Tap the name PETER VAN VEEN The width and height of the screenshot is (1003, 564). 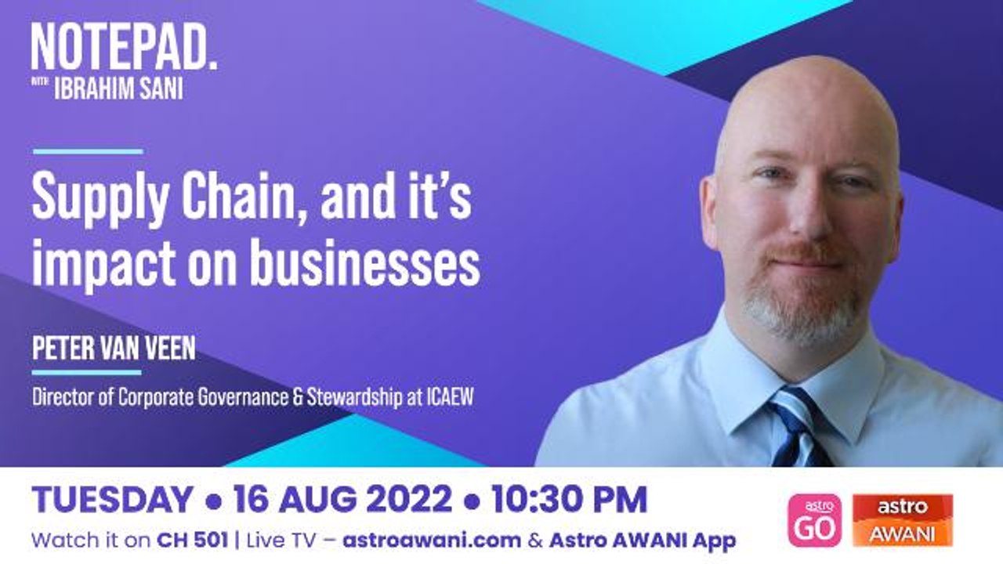pos(114,349)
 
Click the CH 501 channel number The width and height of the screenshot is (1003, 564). pos(193,540)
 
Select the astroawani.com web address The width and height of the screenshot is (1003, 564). pos(432,540)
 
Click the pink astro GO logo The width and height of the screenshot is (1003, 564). pos(814,520)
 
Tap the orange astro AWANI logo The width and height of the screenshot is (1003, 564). pos(903,520)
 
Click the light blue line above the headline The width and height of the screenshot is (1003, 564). pos(88,151)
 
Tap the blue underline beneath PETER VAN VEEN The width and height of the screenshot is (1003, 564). pos(86,372)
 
